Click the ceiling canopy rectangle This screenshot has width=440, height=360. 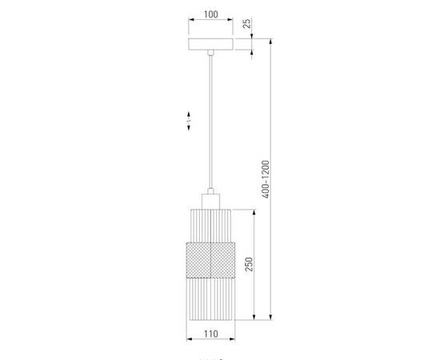point(211,46)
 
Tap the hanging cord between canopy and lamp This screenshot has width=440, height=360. point(211,120)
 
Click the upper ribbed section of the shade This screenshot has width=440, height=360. point(211,225)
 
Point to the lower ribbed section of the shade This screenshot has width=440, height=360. point(211,297)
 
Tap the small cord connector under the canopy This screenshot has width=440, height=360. point(211,54)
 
